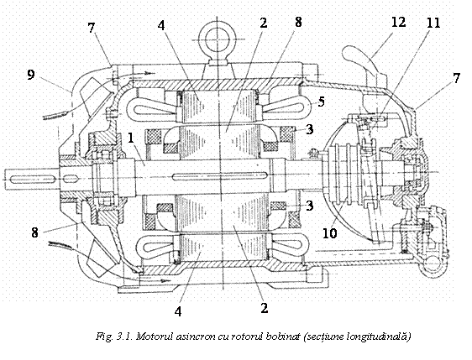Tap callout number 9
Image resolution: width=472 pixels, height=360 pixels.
31,76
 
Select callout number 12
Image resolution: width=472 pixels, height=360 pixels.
398,22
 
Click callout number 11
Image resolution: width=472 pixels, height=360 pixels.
433,23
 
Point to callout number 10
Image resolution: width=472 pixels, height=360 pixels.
329,233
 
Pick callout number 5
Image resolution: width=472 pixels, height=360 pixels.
321,102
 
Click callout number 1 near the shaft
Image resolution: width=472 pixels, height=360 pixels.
131,138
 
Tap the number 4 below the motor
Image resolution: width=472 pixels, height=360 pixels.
178,311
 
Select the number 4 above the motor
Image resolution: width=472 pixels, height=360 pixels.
161,25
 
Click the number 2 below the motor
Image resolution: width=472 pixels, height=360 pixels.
264,307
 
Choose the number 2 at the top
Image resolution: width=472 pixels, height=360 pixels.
264,23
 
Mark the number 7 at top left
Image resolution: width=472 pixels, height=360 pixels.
92,28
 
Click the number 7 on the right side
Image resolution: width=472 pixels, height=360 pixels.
456,78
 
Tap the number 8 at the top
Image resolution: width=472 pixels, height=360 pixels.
298,22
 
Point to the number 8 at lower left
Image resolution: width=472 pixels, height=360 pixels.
35,232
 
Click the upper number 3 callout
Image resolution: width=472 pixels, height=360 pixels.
309,129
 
